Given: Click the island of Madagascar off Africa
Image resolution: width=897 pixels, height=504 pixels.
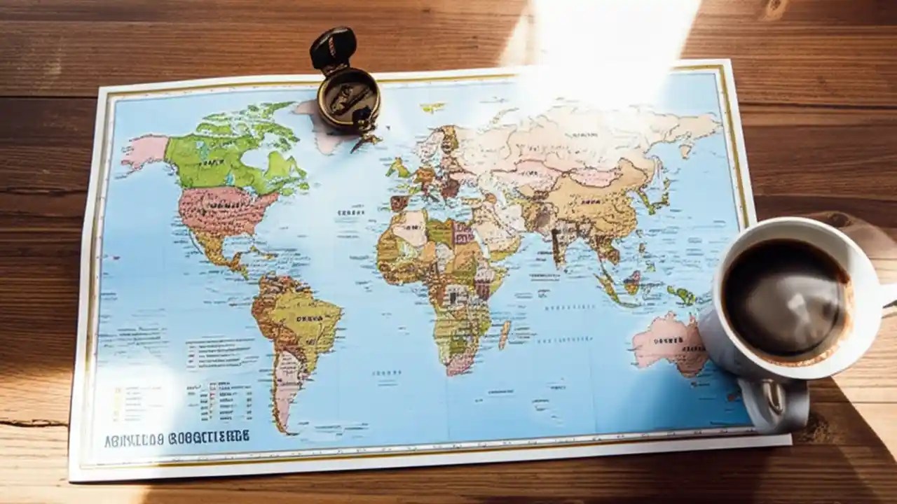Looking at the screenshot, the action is click(x=505, y=334).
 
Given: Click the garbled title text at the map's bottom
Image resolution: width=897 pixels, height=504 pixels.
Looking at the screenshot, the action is click(x=177, y=439).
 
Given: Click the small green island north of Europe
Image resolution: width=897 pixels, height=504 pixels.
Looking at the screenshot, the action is click(x=432, y=108).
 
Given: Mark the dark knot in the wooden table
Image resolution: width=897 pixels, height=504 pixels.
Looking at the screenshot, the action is click(x=774, y=8).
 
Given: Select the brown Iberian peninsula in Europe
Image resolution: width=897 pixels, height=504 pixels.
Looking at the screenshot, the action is click(x=399, y=203).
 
